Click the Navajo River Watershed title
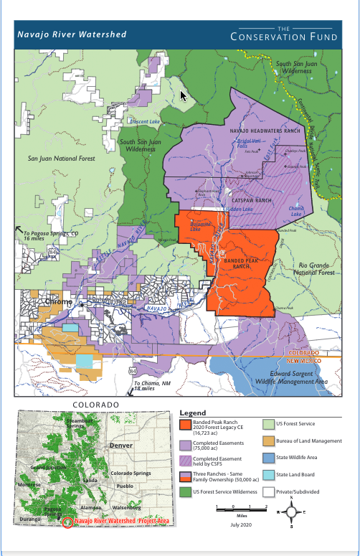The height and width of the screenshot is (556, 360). tap(72, 34)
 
